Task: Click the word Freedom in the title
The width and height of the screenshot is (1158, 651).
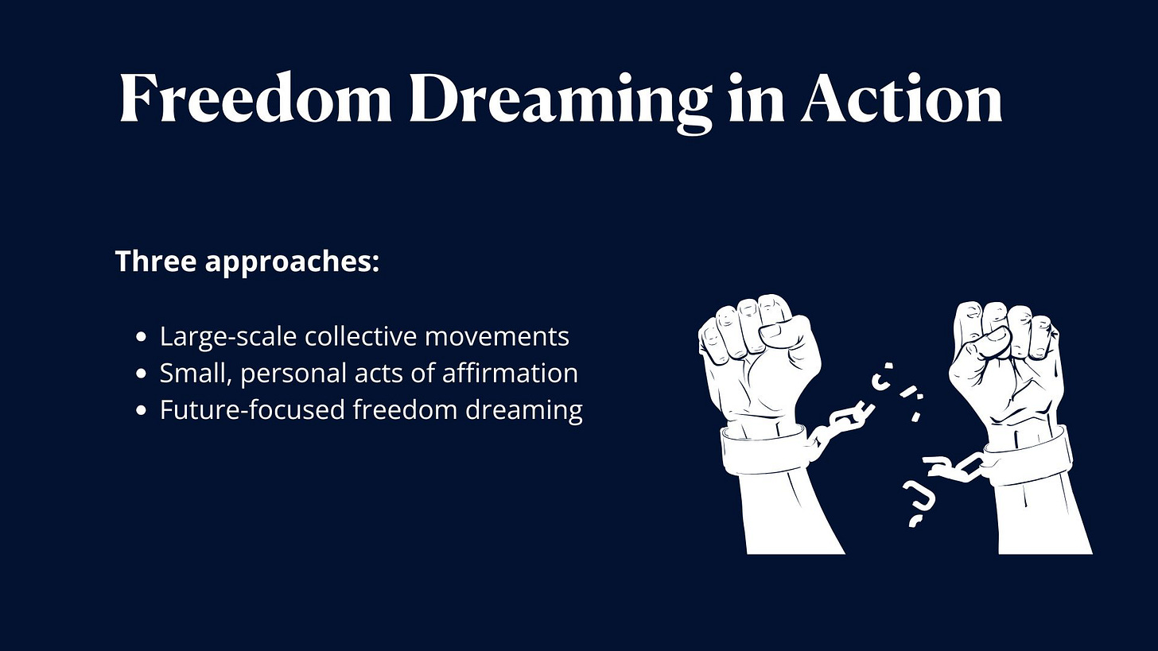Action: tap(255, 99)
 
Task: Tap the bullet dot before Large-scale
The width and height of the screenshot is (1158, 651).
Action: tap(142, 337)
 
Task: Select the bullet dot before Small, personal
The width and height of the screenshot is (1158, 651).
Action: tap(142, 374)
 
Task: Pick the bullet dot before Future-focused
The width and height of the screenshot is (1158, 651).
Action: tap(142, 410)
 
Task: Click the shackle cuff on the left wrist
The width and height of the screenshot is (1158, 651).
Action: tap(762, 451)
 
